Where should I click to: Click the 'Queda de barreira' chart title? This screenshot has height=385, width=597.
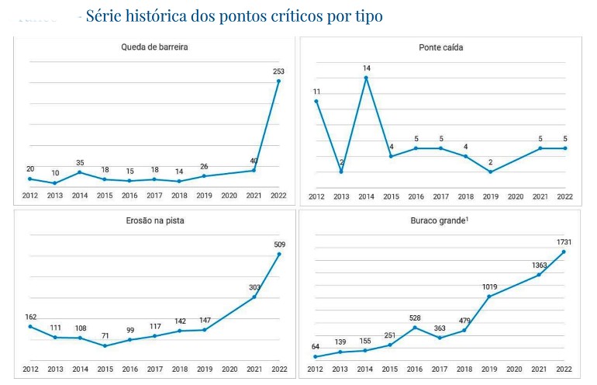154,47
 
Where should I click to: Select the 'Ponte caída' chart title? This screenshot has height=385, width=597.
440,47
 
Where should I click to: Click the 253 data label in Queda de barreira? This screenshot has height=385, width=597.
279,71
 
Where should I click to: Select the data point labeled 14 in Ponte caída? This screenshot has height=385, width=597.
366,78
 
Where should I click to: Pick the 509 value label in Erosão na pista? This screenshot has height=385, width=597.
279,245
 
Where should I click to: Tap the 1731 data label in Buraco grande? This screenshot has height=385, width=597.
564,242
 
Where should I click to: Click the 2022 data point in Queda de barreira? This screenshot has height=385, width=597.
278,81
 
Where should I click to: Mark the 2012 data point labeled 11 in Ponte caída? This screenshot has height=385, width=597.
316,102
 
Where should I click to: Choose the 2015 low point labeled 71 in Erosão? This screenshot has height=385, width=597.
105,345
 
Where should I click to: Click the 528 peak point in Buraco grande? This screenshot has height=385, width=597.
416,327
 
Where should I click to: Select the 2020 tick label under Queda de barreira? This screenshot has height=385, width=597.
229,196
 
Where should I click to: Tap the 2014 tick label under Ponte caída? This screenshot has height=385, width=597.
366,196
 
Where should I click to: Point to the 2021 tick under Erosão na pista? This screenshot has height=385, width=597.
254,369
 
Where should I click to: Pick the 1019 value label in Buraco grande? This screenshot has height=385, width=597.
489,286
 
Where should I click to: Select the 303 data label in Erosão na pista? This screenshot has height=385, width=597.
254,287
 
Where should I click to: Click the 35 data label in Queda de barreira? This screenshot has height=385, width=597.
80,163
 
